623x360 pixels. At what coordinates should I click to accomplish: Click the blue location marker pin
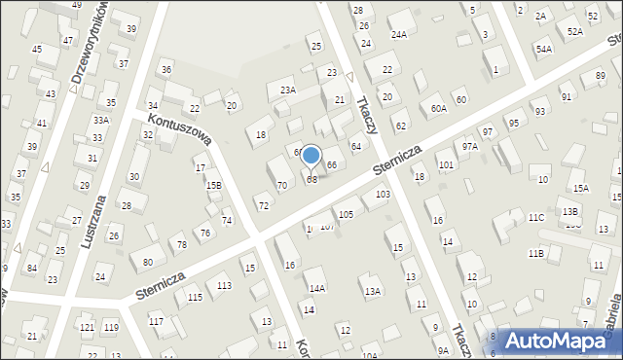(311, 157)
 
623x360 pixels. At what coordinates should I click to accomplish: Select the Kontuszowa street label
(180, 127)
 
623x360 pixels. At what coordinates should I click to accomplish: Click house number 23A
(287, 90)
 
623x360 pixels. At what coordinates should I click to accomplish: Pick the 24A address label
(398, 34)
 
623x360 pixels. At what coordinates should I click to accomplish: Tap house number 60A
(439, 109)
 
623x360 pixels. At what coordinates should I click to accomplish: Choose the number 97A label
(469, 146)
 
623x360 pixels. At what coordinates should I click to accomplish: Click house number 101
(446, 165)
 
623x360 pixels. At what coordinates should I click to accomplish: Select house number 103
(383, 195)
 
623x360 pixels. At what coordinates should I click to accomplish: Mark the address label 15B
(213, 185)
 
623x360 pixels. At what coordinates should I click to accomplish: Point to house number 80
(147, 262)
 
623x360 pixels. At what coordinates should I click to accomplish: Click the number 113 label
(224, 285)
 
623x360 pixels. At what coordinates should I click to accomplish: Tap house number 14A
(317, 288)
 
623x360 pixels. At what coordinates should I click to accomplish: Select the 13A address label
(372, 291)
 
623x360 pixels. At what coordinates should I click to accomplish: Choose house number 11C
(536, 218)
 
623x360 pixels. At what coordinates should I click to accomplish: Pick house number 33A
(99, 120)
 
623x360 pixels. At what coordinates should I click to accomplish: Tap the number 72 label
(263, 205)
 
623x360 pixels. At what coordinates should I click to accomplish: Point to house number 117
(156, 321)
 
